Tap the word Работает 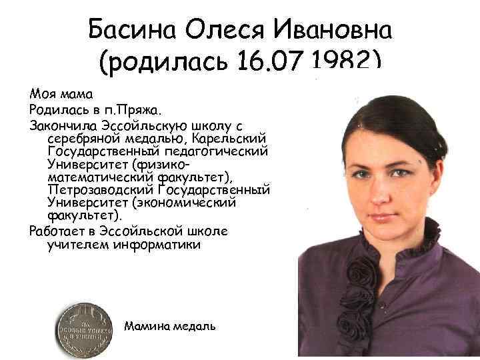pyautogui.click(x=57, y=231)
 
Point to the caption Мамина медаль pyautogui.click(x=169, y=326)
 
